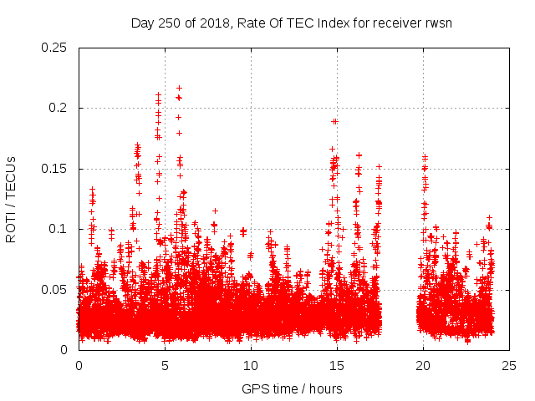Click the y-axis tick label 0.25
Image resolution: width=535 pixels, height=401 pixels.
55,48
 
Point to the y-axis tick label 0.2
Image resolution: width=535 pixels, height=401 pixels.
59,108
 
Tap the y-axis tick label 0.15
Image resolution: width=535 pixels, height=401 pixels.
55,169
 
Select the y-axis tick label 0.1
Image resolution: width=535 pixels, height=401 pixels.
59,229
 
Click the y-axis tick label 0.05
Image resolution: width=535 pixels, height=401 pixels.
55,290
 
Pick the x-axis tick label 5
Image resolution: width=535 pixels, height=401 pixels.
165,366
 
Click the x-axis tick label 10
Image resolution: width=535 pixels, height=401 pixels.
251,366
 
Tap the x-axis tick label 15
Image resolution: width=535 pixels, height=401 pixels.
337,366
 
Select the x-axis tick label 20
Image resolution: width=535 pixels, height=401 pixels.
423,366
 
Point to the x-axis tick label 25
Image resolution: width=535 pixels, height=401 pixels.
509,366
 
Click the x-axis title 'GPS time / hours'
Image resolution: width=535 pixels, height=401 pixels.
292,388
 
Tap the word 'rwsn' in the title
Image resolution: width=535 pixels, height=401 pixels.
436,23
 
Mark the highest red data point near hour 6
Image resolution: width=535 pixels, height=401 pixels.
179,88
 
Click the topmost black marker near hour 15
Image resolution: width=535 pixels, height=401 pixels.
334,121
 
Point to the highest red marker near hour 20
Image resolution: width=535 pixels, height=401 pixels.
425,156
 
